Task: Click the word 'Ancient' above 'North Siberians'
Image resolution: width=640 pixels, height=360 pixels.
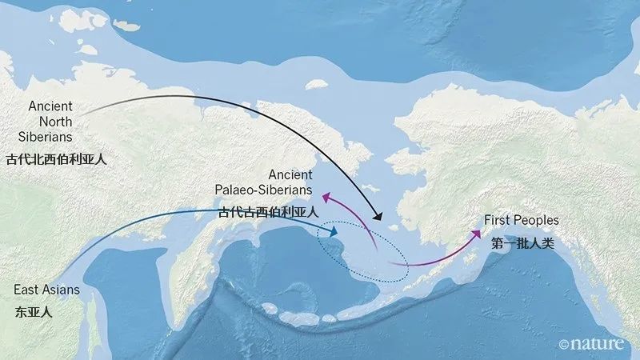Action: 50,106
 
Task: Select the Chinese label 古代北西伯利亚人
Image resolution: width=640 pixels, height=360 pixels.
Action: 55,158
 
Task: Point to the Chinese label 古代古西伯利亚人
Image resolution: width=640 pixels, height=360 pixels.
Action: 268,213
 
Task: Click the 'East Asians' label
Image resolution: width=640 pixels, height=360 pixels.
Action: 46,289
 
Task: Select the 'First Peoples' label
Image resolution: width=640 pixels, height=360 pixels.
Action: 521,219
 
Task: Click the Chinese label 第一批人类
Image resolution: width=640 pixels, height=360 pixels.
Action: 522,242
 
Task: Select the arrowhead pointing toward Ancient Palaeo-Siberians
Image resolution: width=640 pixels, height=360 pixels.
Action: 326,194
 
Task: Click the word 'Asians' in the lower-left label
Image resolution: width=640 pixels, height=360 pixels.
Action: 62,289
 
